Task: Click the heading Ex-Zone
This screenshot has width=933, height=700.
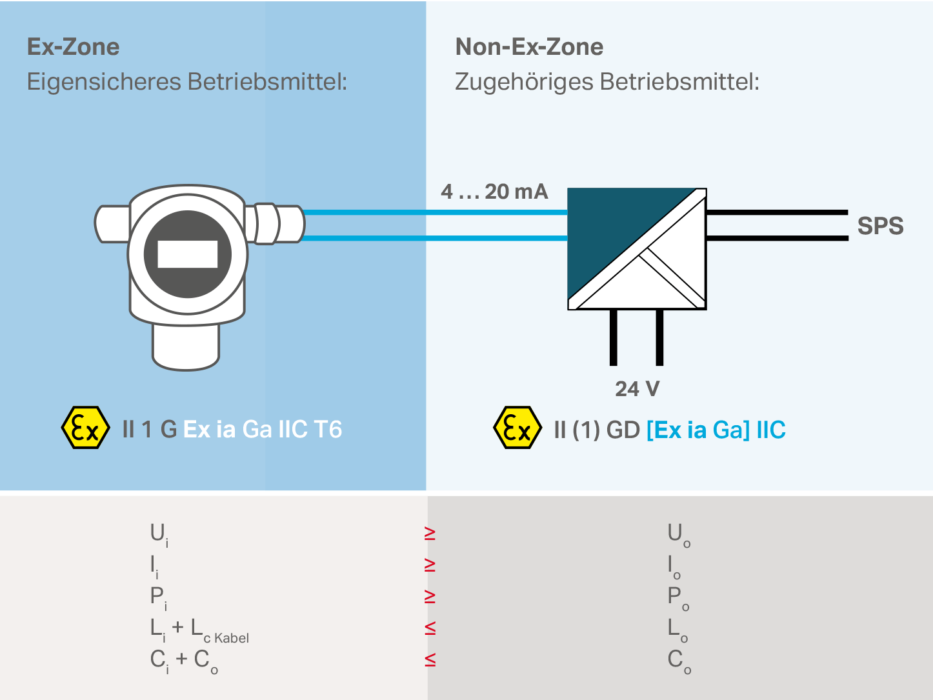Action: pyautogui.click(x=73, y=47)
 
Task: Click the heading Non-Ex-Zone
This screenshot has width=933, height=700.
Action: pyautogui.click(x=529, y=47)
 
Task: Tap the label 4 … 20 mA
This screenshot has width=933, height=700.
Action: pyautogui.click(x=494, y=192)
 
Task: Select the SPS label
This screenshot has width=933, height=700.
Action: pyautogui.click(x=879, y=226)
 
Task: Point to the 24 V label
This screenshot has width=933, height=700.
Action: pyautogui.click(x=637, y=389)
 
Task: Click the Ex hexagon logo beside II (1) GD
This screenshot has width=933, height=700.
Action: pyautogui.click(x=517, y=428)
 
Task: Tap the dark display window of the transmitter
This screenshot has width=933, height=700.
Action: pyautogui.click(x=187, y=254)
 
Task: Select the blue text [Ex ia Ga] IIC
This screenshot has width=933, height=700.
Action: pyautogui.click(x=716, y=430)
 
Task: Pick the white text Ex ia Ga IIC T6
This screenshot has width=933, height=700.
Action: pyautogui.click(x=263, y=430)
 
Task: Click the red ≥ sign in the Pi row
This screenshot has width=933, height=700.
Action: pyautogui.click(x=430, y=596)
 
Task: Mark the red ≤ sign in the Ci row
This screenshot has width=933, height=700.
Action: pyautogui.click(x=430, y=659)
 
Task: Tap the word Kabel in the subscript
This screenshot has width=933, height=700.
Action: pyautogui.click(x=232, y=639)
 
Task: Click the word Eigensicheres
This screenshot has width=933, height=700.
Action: pyautogui.click(x=103, y=83)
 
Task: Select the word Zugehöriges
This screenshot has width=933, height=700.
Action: pyautogui.click(x=523, y=83)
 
